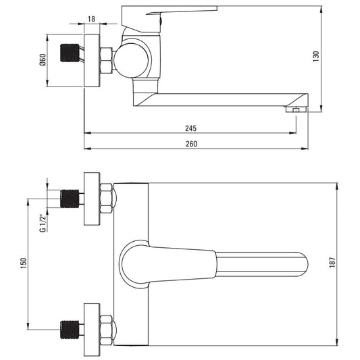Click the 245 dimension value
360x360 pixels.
[190, 128]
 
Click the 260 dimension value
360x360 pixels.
[191, 144]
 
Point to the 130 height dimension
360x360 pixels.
[316, 56]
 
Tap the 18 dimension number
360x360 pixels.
[91, 19]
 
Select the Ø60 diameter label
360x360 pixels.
[43, 60]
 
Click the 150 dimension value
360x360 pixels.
[24, 263]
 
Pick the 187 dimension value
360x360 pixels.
[332, 263]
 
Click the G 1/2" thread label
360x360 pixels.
[43, 224]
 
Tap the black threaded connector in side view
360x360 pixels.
[70, 53]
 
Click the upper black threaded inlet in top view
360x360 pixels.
[70, 199]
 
